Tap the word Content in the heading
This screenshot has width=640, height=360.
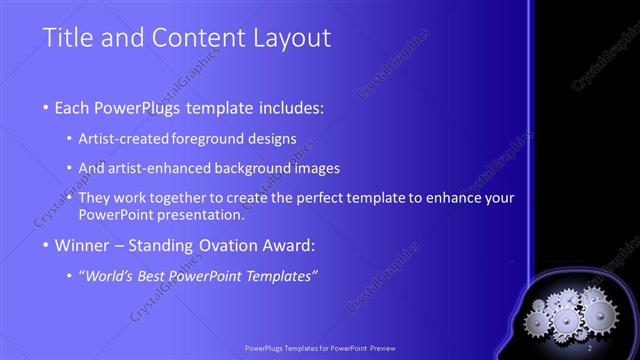tap(187, 40)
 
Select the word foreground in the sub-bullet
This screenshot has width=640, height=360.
tap(219, 138)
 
